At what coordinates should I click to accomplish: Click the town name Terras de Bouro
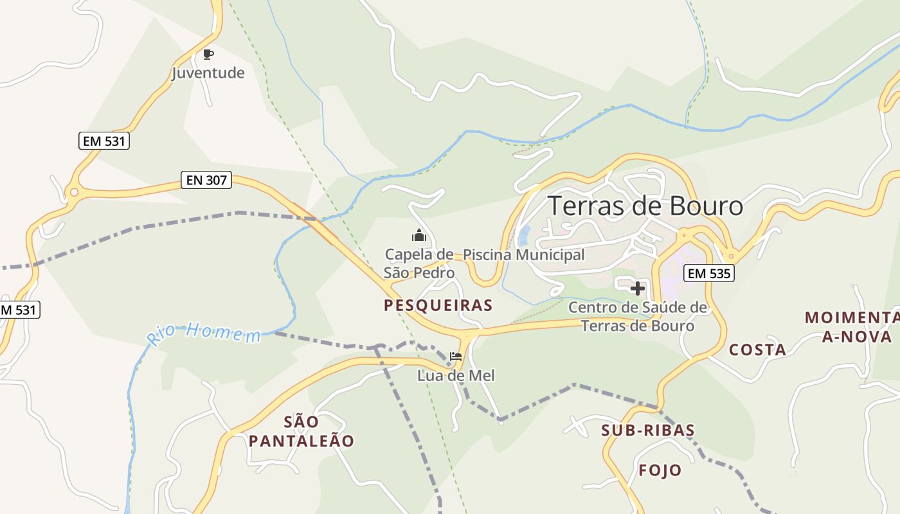click(645, 206)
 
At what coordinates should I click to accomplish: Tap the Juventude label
click(208, 73)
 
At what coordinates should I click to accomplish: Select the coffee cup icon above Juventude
click(208, 54)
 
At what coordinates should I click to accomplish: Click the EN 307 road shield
click(206, 180)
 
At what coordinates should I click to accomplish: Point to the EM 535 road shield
click(709, 273)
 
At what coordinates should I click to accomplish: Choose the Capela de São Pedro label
click(419, 263)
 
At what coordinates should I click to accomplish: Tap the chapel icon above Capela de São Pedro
click(419, 235)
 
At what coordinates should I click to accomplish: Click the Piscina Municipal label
click(524, 255)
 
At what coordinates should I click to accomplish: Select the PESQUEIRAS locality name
click(438, 305)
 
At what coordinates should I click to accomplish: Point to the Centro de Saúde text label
click(638, 316)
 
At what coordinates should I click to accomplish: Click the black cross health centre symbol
click(637, 289)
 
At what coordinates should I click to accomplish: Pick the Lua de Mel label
click(456, 375)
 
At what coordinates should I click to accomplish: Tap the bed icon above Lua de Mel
click(456, 356)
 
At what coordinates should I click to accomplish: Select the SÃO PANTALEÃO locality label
click(301, 431)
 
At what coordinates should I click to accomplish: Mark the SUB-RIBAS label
click(648, 430)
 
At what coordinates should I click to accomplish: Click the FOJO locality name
click(660, 470)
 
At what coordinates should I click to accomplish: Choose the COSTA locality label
click(757, 350)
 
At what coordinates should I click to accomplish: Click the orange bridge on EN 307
click(314, 224)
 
